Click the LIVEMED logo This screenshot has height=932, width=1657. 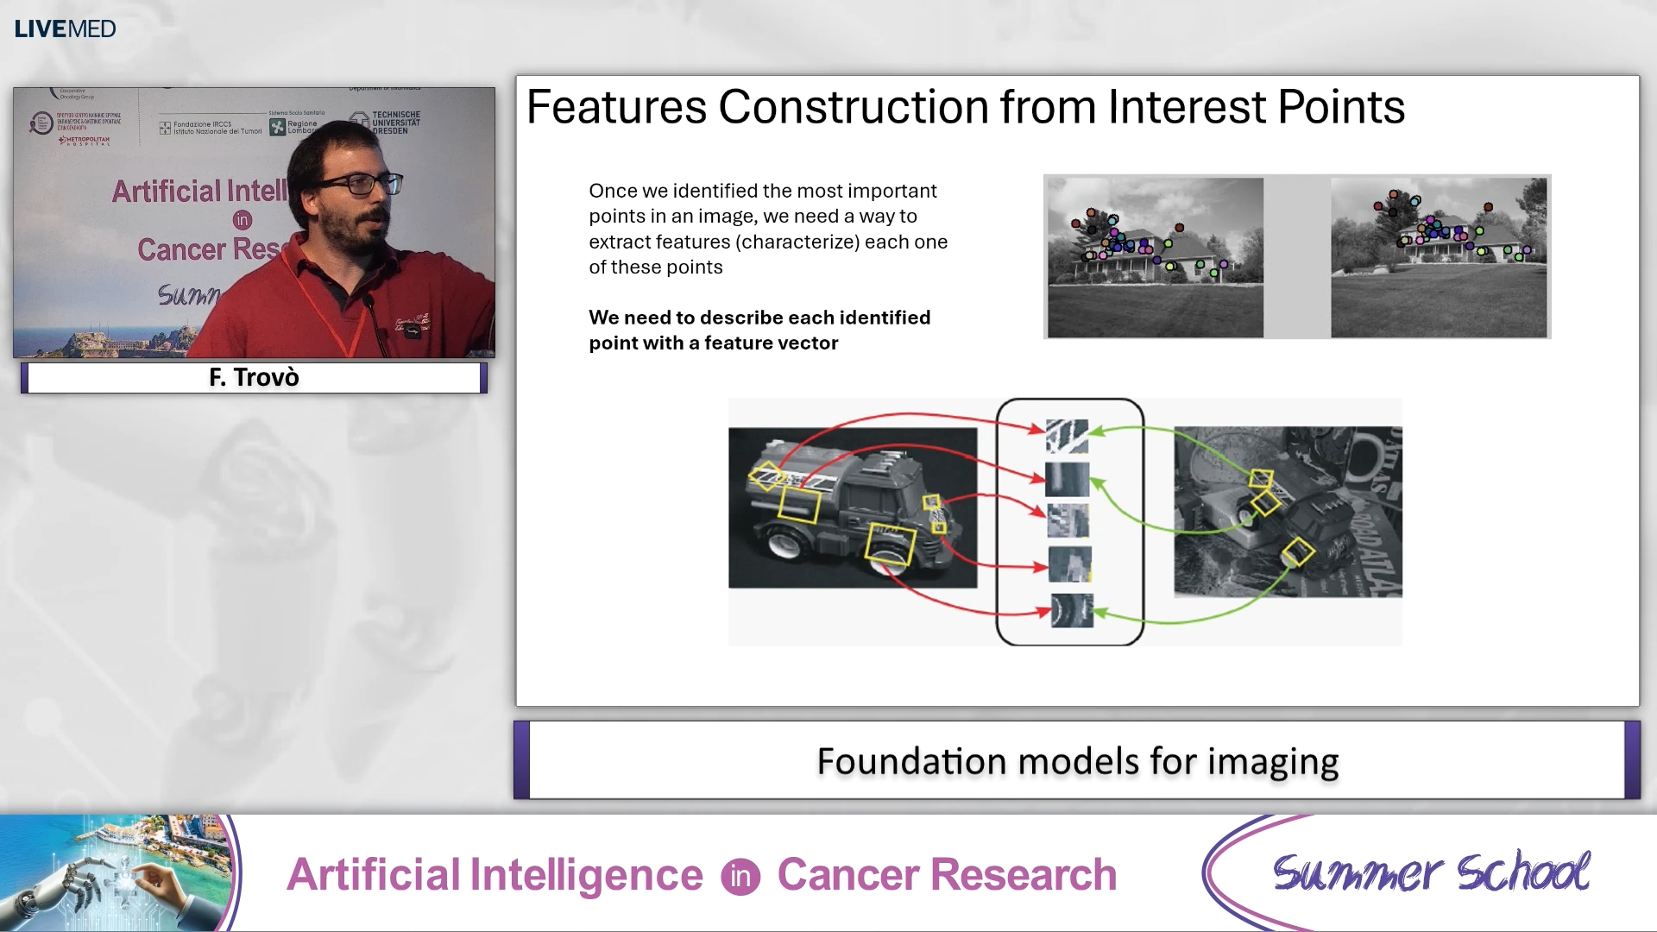click(x=65, y=28)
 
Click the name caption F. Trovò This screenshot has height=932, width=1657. click(x=254, y=377)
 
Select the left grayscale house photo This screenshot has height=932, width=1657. click(x=1154, y=257)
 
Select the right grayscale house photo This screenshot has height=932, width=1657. click(x=1438, y=257)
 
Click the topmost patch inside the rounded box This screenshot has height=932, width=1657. click(x=1067, y=436)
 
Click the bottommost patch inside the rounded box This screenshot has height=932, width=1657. click(x=1071, y=610)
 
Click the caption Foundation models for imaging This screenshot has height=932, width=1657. click(x=1077, y=761)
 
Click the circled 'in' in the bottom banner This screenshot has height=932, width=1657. click(x=740, y=877)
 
